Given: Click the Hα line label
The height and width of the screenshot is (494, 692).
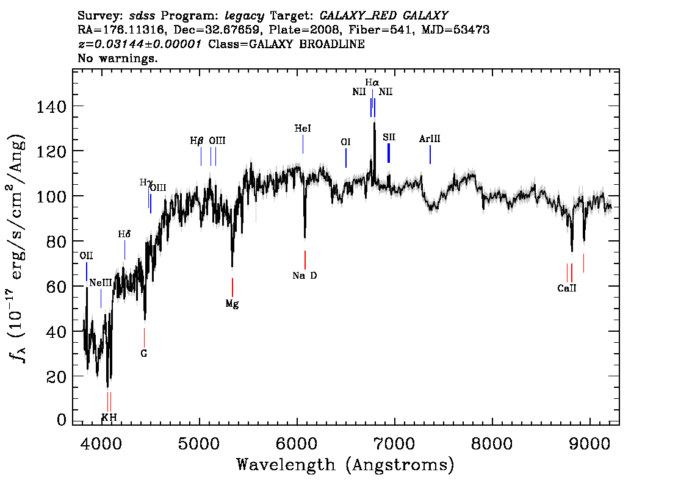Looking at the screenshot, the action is [x=372, y=82].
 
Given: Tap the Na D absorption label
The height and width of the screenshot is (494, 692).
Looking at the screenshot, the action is [x=305, y=276].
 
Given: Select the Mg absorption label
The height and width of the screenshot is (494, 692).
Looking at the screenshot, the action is [x=232, y=304].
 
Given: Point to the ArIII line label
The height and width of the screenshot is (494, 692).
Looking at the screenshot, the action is [x=430, y=138].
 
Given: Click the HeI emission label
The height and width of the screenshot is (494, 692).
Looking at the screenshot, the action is [x=303, y=128].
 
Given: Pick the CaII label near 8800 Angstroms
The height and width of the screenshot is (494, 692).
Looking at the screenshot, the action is [x=567, y=288].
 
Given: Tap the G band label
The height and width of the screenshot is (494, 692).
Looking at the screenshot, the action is [x=144, y=353].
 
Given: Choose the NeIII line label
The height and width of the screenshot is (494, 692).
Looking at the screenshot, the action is [x=101, y=283].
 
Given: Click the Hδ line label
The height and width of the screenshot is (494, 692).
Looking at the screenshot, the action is [x=124, y=234].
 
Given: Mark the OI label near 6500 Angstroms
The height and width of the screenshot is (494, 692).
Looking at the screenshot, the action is [x=345, y=141].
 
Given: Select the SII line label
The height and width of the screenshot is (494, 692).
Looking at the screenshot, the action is [x=389, y=137].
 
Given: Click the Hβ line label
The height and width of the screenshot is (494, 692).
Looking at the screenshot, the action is [x=197, y=141].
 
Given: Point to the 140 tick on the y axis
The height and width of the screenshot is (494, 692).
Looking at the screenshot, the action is [x=51, y=106].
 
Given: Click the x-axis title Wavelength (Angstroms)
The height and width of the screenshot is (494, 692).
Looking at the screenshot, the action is [x=345, y=465].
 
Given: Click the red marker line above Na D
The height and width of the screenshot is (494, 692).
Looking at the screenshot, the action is [x=305, y=260].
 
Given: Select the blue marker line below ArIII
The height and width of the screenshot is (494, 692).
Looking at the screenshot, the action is [x=430, y=154].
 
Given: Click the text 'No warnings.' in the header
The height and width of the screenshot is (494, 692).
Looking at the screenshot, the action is [x=117, y=58].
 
